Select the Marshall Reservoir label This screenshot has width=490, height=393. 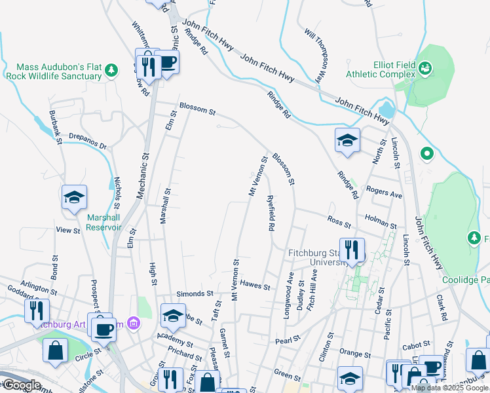(104, 223)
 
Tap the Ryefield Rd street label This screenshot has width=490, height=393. (270, 213)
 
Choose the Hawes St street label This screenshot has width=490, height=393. (255, 285)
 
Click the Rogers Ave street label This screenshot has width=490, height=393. (385, 194)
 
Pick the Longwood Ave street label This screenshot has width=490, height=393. (288, 300)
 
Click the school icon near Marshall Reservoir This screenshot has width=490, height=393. (74, 196)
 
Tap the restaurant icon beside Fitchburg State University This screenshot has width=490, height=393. (352, 250)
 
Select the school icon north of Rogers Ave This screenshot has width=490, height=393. (347, 140)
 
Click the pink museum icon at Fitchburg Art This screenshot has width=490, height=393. (134, 323)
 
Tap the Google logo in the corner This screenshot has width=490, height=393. (21, 385)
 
